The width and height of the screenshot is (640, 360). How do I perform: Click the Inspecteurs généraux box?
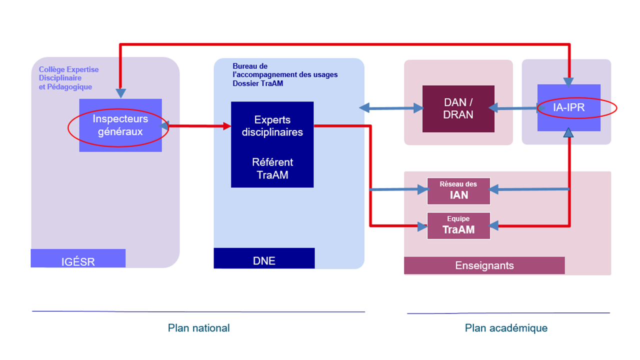tap(120, 125)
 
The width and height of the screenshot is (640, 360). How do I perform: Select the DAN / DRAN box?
tap(458, 108)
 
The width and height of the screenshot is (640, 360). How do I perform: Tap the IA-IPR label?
tap(569, 107)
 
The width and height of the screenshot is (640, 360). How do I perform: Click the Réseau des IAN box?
tap(458, 191)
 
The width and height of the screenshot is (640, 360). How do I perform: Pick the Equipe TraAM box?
tap(458, 225)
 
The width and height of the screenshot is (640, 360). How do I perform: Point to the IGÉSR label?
tap(78, 260)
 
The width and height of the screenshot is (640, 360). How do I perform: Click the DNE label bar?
tap(264, 259)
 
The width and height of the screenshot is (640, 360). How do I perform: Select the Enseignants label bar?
tap(484, 265)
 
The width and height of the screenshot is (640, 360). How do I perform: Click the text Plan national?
tap(198, 328)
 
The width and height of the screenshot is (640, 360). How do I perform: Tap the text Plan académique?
tap(506, 328)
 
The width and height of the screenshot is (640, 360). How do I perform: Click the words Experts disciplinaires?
tap(272, 126)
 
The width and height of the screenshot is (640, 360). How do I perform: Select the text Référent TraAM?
tap(272, 168)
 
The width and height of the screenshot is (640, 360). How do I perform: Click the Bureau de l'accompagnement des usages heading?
tap(285, 74)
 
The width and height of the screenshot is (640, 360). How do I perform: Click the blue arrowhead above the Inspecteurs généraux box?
tap(120, 93)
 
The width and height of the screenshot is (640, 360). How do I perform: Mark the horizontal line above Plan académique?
tap(508, 313)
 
